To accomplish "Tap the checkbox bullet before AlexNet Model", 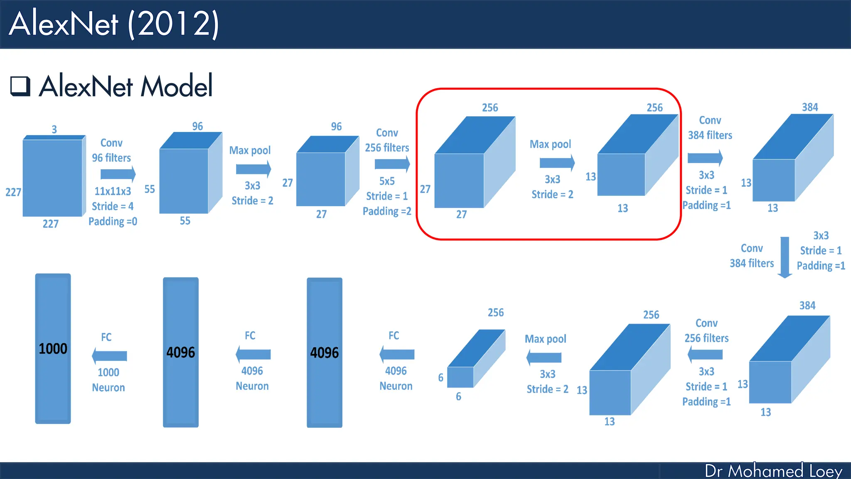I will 20,86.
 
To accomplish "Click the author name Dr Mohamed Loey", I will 773,471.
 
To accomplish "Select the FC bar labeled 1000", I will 53,348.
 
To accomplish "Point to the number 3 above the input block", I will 54,129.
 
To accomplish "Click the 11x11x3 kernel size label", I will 113,191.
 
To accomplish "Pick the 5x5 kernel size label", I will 387,181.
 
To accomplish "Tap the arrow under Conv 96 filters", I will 118,174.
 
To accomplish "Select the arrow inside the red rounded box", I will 557,163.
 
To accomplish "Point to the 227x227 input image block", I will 52,178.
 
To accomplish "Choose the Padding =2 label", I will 387,211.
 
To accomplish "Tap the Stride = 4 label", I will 113,206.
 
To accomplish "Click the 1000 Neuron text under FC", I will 108,380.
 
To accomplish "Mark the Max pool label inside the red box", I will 550,144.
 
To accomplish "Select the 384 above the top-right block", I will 810,107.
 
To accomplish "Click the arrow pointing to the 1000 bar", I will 109,356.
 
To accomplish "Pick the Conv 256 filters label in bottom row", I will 706,331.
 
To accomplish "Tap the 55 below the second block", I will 185,221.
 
